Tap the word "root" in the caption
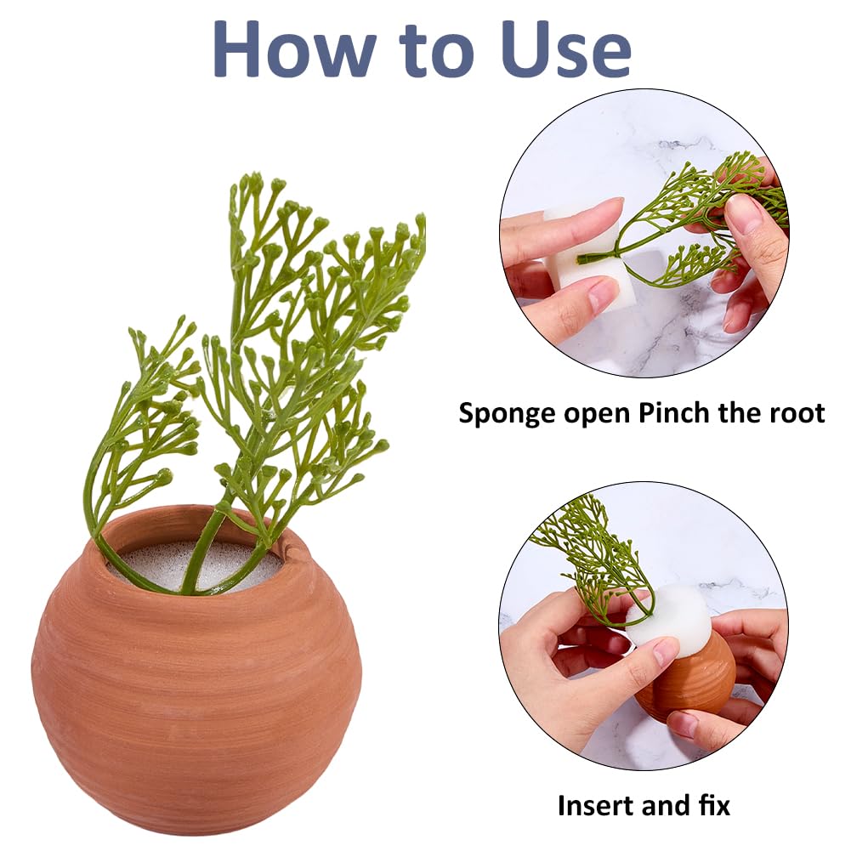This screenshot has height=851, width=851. (796, 413)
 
